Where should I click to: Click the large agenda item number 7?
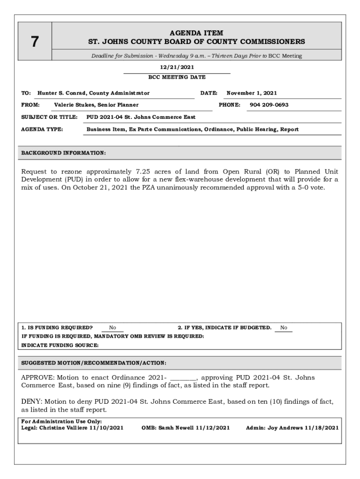(35, 42)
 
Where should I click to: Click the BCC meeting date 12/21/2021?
(177, 67)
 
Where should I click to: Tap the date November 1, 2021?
(252, 93)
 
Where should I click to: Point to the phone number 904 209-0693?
(269, 105)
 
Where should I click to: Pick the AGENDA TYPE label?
(42, 129)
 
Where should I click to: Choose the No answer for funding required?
(113, 328)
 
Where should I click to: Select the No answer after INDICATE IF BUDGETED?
(284, 328)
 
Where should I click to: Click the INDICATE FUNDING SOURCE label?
(60, 345)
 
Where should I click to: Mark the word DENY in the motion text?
(30, 402)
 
